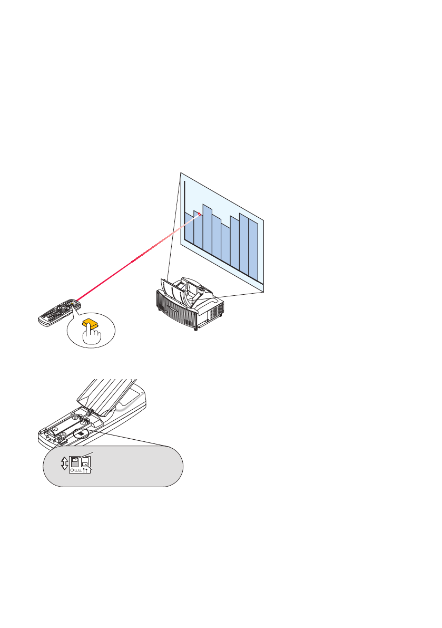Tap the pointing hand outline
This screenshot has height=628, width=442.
93,337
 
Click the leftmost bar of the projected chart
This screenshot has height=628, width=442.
189,228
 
